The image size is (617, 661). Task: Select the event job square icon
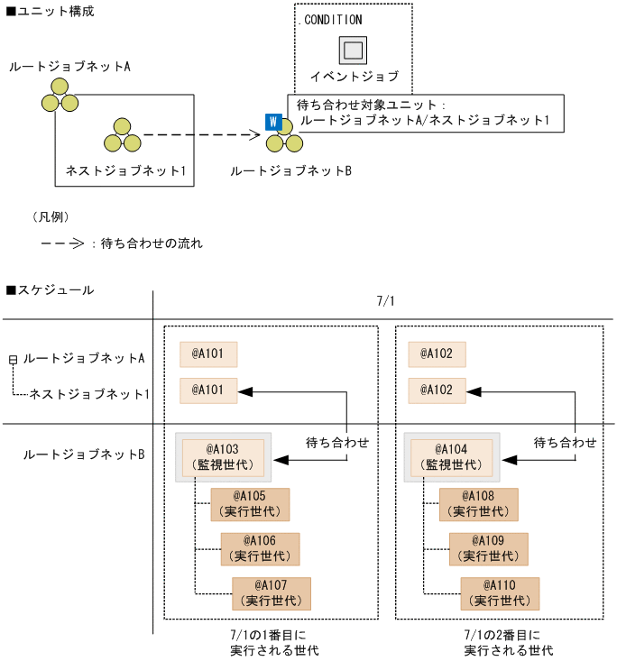point(353,50)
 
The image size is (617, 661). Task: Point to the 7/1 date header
point(386,301)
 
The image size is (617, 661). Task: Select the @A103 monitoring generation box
point(223,457)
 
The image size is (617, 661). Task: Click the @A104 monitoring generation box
point(452,457)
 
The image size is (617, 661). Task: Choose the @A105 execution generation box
point(250,504)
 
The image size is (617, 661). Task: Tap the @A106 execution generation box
point(261,548)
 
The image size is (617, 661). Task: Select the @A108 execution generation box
point(479,504)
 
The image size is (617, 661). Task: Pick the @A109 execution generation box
point(489,548)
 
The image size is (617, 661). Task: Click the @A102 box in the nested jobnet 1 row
point(437,390)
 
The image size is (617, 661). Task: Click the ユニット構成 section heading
point(50,12)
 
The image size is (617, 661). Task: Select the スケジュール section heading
point(50,289)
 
